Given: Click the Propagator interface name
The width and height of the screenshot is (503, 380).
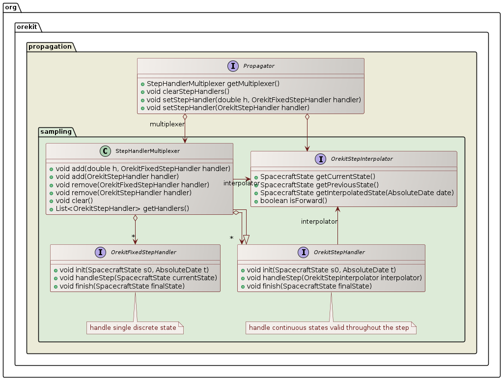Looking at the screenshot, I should tap(259, 66).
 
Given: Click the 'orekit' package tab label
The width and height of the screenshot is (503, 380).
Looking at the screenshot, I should tap(27, 27).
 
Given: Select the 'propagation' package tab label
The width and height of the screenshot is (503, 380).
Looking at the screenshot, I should tap(50, 47).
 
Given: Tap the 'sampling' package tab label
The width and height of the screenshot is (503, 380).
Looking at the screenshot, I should tap(56, 131).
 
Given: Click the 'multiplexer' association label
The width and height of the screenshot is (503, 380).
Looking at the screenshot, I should tap(167, 124).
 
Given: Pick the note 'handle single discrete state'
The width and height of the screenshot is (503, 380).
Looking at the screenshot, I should tap(133, 328).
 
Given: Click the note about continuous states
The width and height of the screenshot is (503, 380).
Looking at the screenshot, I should tap(329, 328).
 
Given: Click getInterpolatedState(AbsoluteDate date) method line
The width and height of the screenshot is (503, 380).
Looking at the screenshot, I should tap(354, 193).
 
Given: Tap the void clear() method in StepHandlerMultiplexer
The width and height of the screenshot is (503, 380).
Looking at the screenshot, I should tap(74, 201).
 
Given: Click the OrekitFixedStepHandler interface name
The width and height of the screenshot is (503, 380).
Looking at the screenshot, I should tap(143, 252).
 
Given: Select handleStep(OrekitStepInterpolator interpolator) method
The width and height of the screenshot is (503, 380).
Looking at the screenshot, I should tap(331, 278).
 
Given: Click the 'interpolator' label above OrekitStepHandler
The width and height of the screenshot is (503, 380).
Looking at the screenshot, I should tap(319, 222).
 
